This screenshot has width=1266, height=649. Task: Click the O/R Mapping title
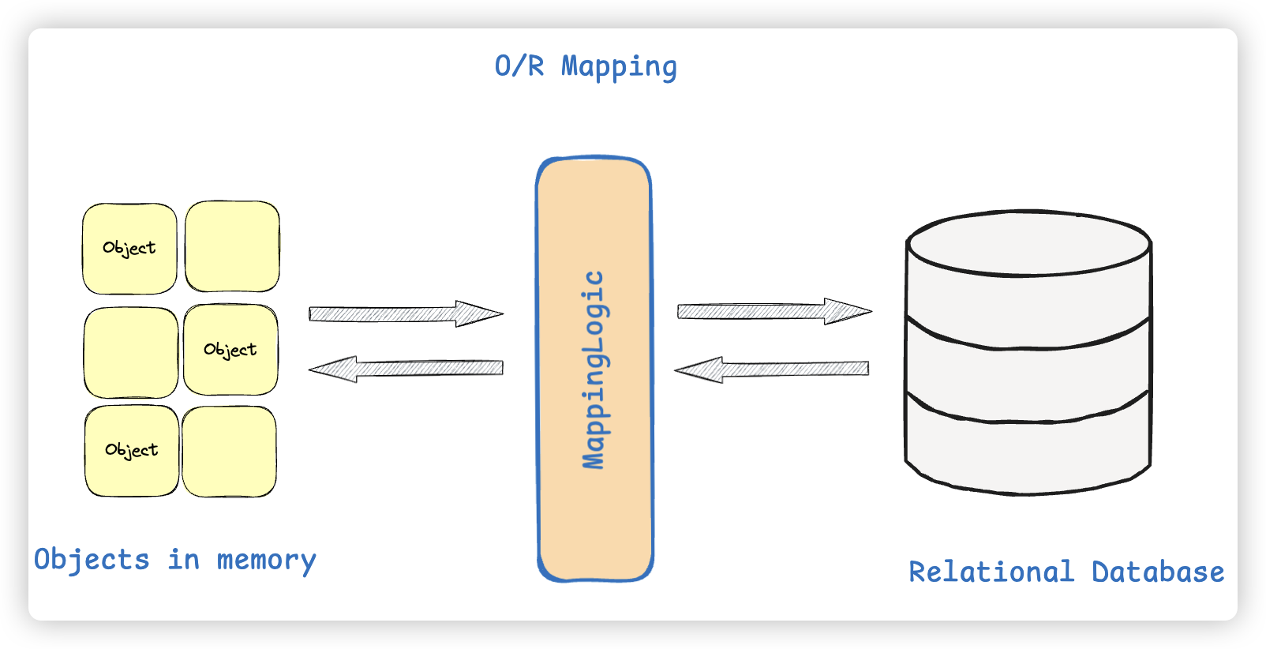click(586, 66)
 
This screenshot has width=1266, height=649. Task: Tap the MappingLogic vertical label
click(594, 370)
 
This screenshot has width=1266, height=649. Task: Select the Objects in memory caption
click(174, 560)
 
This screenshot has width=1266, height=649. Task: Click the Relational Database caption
click(1066, 572)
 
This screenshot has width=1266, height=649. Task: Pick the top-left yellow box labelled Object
click(129, 249)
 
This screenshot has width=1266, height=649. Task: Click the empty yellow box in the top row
click(232, 246)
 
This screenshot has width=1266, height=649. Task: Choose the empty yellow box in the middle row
click(131, 352)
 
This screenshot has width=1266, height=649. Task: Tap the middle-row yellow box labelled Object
click(230, 350)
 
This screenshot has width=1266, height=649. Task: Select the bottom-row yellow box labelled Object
click(132, 451)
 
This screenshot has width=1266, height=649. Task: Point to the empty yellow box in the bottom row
click(229, 452)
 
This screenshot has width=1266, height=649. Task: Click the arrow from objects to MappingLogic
click(405, 313)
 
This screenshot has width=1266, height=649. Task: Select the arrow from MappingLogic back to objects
click(406, 368)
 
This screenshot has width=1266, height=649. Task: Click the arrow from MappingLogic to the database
click(773, 311)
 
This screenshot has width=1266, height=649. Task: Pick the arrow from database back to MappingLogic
click(772, 369)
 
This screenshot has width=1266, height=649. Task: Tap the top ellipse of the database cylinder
click(1028, 243)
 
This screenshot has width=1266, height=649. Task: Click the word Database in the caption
click(1158, 572)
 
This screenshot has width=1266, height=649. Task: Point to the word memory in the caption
click(266, 560)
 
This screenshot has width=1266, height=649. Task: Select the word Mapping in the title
click(619, 66)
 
